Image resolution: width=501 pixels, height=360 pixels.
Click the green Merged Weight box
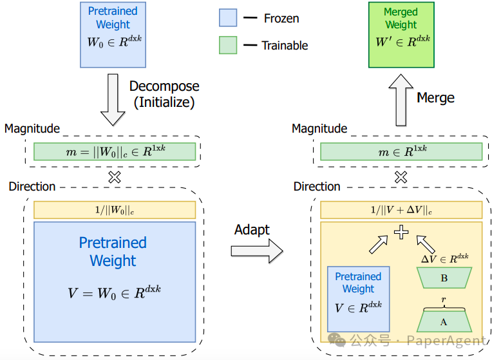pos(401,35)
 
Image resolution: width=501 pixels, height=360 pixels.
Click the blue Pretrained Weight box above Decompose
pos(113,35)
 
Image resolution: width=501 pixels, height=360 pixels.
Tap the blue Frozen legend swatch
pos(228,17)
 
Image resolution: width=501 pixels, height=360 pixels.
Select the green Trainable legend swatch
pos(228,45)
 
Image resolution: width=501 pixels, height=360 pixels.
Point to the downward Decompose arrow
pos(113,100)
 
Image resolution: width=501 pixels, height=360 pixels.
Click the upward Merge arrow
pos(401,100)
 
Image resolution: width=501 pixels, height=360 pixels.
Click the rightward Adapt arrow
pos(257,251)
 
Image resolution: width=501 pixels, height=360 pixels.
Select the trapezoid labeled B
pos(444,278)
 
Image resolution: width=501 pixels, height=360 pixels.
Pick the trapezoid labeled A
pos(444,321)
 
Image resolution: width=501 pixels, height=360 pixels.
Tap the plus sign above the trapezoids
pos(401,232)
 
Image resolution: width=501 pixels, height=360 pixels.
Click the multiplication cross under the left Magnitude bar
pos(115,177)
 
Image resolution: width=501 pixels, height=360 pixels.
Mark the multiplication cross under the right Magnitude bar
pos(401,177)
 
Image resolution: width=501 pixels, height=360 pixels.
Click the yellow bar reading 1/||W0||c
pos(115,210)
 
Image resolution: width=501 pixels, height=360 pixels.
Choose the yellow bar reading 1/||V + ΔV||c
pos(401,210)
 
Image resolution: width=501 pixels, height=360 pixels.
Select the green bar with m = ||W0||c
pos(115,151)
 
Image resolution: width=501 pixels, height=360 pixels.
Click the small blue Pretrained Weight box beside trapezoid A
pos(359,299)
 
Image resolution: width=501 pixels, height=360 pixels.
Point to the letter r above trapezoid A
pos(444,299)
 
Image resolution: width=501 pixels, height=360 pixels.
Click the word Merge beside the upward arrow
pos(435,98)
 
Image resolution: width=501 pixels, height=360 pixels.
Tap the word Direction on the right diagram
pos(317,186)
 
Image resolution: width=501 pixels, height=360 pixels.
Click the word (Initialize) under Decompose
pos(164,102)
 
